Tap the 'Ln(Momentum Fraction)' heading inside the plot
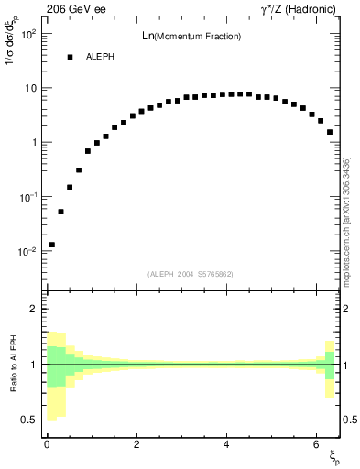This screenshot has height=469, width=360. (x=193, y=36)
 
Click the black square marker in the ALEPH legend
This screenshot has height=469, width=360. (x=70, y=57)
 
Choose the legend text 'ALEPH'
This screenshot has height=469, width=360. (x=100, y=57)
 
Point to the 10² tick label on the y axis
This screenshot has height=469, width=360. (x=28, y=34)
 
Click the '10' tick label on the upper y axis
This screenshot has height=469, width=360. (x=30, y=88)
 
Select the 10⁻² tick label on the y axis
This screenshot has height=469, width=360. (x=27, y=251)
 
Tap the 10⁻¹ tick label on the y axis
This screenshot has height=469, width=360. (x=27, y=197)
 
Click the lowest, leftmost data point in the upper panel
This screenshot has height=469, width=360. (x=52, y=245)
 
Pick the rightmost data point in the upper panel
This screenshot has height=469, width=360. (x=330, y=132)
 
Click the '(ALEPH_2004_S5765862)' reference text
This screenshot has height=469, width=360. (x=191, y=274)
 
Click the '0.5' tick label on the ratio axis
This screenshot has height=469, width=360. (x=29, y=420)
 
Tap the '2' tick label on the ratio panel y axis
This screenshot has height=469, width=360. (x=33, y=309)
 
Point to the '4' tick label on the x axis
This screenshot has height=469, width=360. (x=226, y=443)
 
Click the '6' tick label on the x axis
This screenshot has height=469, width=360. (x=315, y=443)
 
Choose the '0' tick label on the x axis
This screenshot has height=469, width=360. (x=47, y=443)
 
